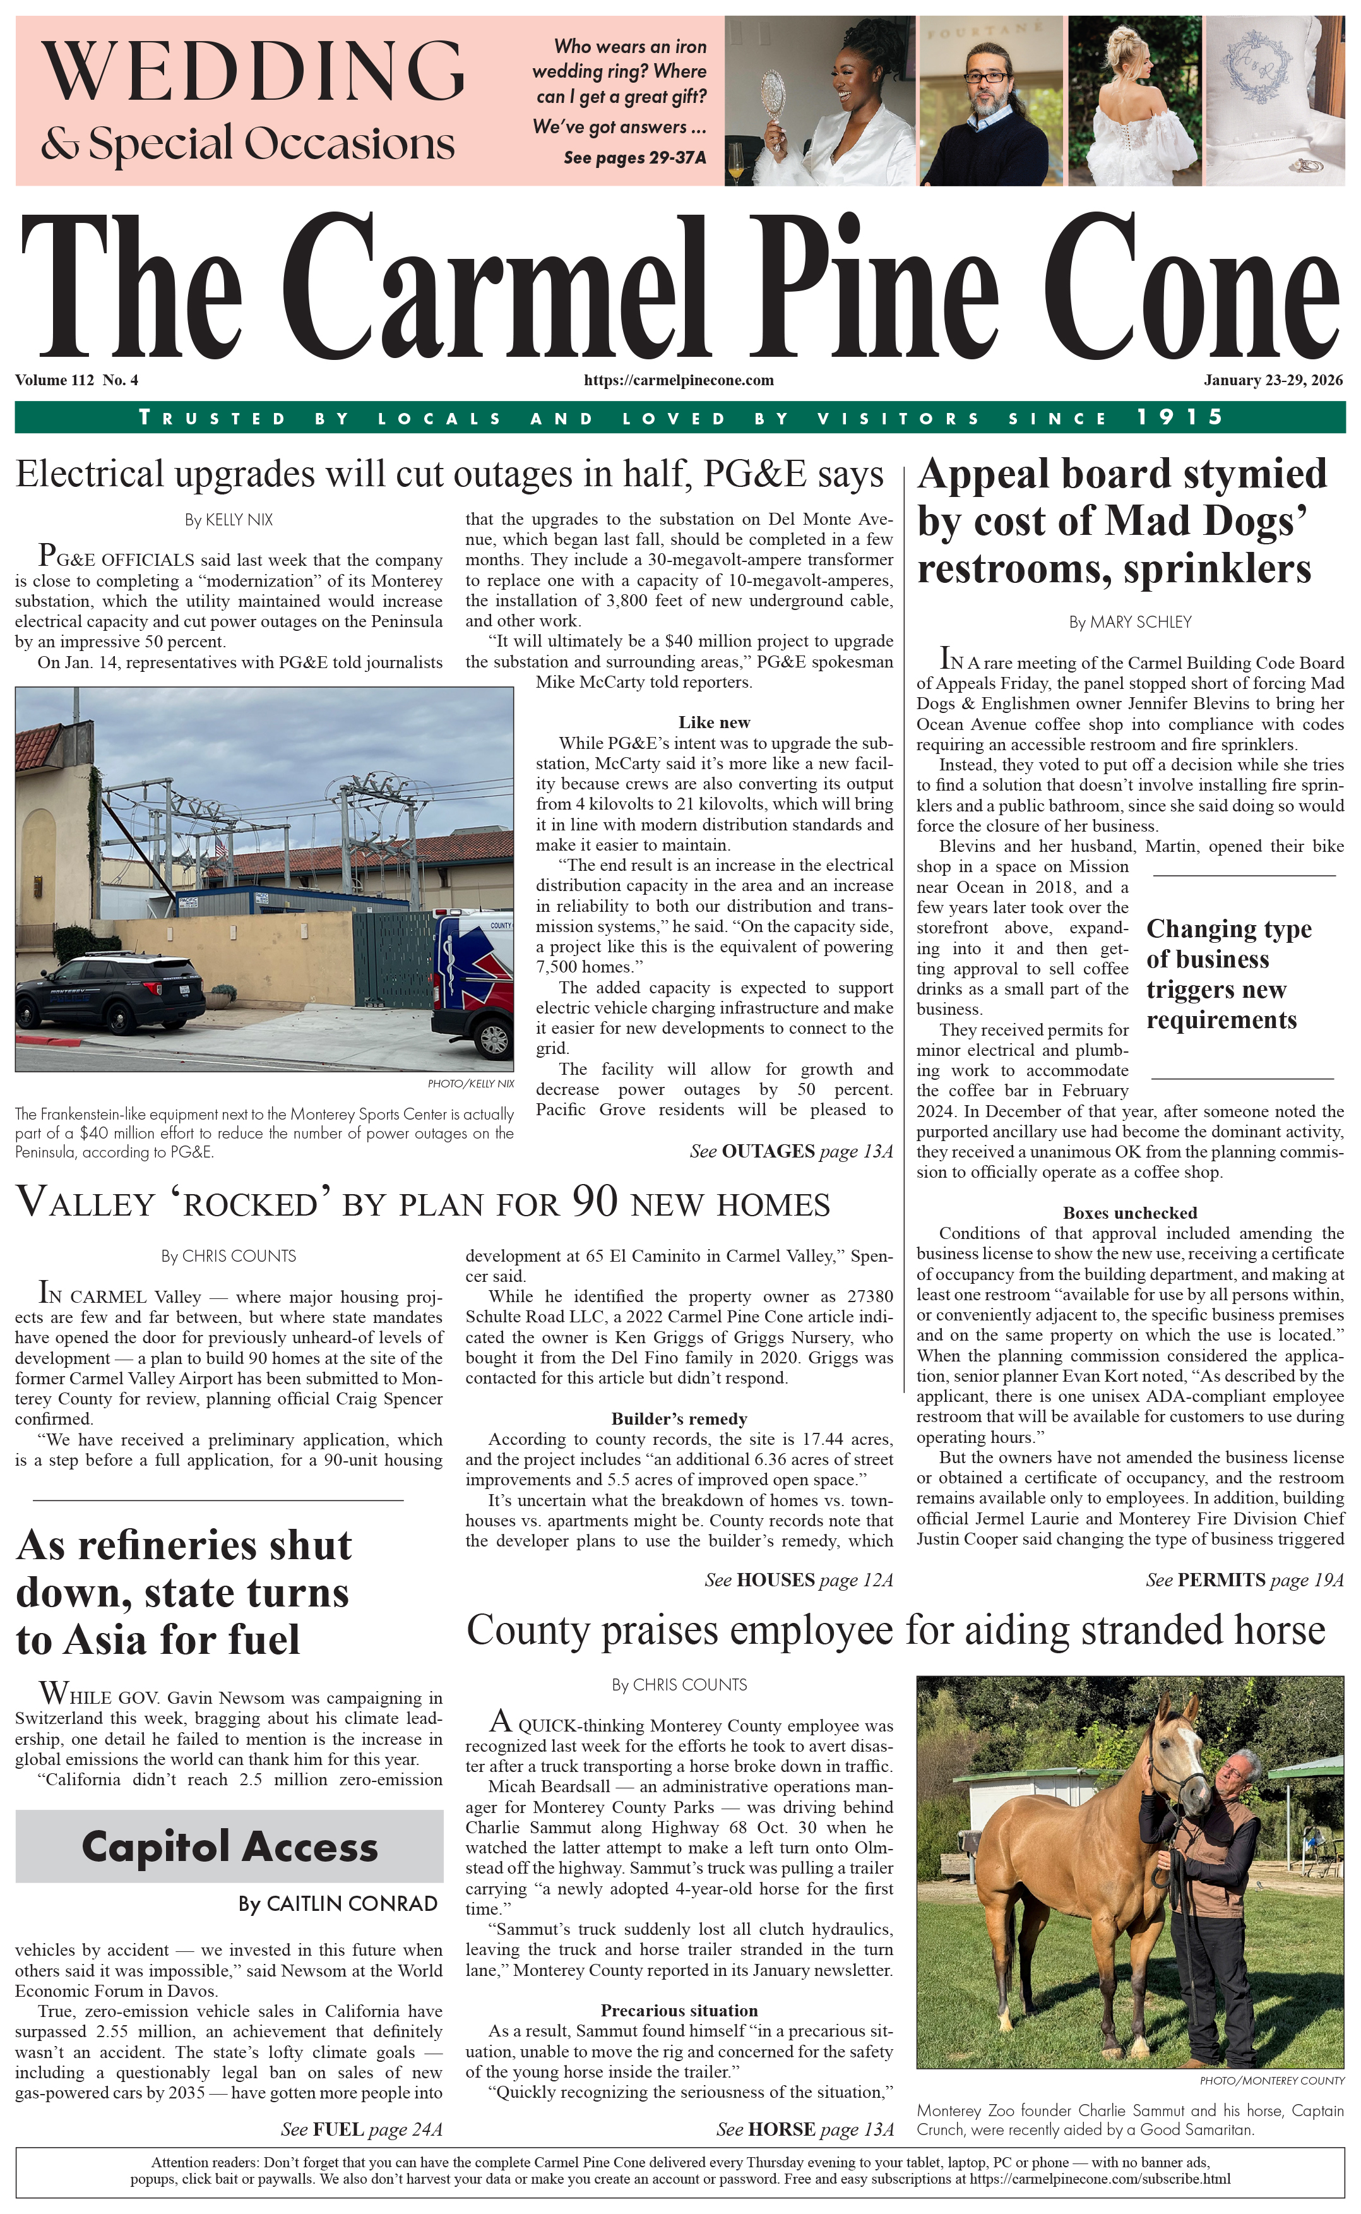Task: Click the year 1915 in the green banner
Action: pyautogui.click(x=1179, y=417)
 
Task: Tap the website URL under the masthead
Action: pyautogui.click(x=679, y=380)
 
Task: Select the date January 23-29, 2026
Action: pyautogui.click(x=1273, y=380)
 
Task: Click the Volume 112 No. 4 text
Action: pyautogui.click(x=76, y=380)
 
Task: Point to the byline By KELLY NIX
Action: pyautogui.click(x=229, y=520)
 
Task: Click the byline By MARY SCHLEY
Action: pyautogui.click(x=1130, y=622)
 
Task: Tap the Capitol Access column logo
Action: pyautogui.click(x=230, y=1846)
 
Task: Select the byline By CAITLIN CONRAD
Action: pyautogui.click(x=338, y=1903)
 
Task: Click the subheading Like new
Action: pyautogui.click(x=714, y=722)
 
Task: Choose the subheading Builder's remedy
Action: pyautogui.click(x=679, y=1419)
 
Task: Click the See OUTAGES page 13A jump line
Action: pyautogui.click(x=791, y=1152)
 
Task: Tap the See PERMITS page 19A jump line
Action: pyautogui.click(x=1244, y=1580)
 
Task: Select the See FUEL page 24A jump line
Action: pyautogui.click(x=361, y=2129)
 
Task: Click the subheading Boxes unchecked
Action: pyautogui.click(x=1130, y=1213)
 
